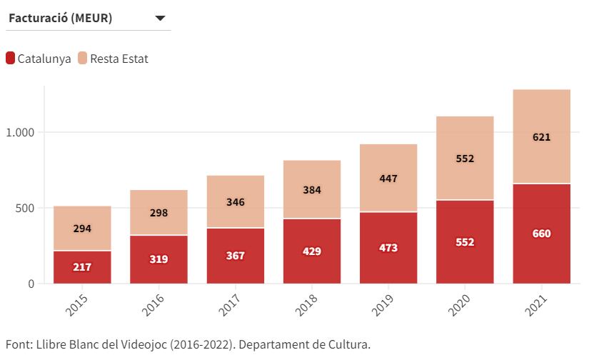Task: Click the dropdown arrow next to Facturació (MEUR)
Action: click(160, 19)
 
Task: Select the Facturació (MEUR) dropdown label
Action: click(60, 19)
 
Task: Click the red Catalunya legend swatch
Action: click(10, 59)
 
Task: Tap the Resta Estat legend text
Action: click(119, 59)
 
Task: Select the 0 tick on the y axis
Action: click(31, 284)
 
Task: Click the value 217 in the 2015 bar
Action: click(82, 267)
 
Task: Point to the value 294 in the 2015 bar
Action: click(82, 229)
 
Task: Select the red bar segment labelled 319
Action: click(158, 259)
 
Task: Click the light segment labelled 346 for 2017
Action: click(235, 202)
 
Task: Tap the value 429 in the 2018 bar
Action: click(311, 251)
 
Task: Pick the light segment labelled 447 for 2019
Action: click(388, 179)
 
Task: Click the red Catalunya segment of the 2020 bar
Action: click(465, 242)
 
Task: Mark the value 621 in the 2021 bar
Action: click(541, 137)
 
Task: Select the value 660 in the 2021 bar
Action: click(541, 234)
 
